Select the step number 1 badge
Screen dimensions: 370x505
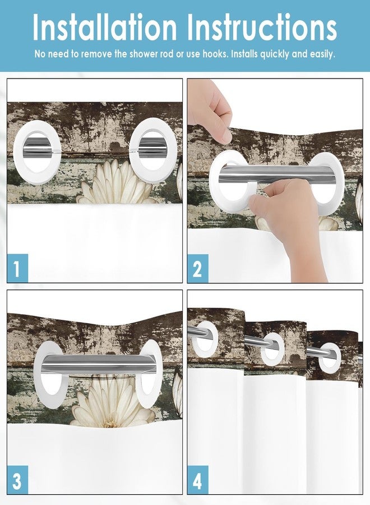(17, 268)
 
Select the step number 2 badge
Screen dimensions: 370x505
(197, 268)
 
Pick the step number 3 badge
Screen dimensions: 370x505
(17, 480)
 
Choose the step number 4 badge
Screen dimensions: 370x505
(197, 480)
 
